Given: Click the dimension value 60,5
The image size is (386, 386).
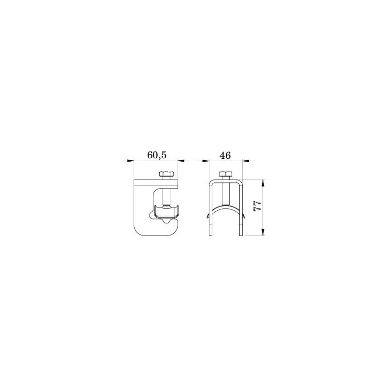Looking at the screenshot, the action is [x=157, y=155].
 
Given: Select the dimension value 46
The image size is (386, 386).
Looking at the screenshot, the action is [x=225, y=155].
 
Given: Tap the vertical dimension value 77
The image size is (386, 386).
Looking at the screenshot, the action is [x=257, y=206].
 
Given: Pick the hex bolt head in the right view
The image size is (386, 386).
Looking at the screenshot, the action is [x=225, y=175].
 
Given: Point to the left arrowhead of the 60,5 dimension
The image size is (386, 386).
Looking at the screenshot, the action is [x=130, y=161].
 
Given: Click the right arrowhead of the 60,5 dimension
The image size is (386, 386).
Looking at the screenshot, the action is [x=181, y=161].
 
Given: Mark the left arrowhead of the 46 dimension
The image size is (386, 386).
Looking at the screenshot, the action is [x=206, y=161].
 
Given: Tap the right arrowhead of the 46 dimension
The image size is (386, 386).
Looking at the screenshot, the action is [x=246, y=161].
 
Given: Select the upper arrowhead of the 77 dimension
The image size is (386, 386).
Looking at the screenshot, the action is [x=263, y=183].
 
